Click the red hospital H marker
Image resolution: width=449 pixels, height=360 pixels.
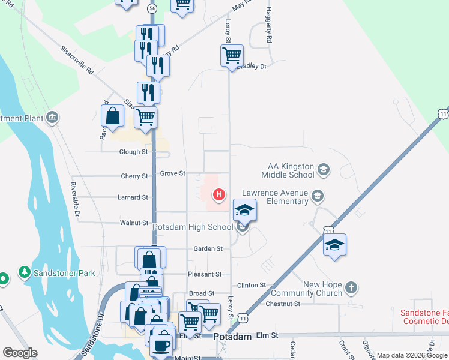[220, 194]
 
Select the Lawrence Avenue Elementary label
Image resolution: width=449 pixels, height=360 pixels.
[274, 197]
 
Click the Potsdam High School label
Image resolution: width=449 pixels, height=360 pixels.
[193, 227]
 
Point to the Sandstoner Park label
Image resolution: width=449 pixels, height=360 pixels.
[64, 273]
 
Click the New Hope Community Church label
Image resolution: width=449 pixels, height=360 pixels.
[305, 289]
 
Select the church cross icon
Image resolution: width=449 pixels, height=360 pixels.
[351, 288]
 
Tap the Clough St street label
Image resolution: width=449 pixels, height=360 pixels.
[133, 152]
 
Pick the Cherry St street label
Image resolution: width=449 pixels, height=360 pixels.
[134, 176]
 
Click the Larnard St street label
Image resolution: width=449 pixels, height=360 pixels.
[133, 197]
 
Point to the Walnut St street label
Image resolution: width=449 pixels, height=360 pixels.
[134, 223]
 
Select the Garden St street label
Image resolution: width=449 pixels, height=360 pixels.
[208, 248]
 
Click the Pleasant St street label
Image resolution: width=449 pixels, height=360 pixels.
[205, 274]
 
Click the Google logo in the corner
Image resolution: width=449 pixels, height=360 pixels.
[20, 353]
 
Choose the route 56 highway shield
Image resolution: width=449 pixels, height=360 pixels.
[152, 8]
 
